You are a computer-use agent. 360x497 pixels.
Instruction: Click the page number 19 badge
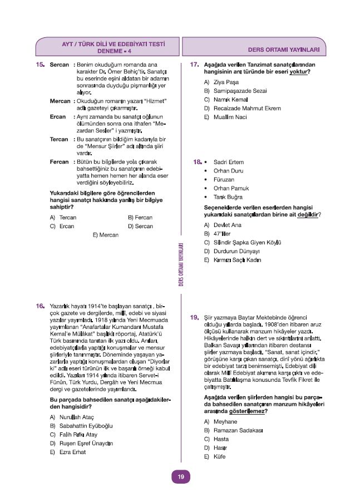click(180, 476)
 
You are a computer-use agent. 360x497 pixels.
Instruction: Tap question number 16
click(40, 306)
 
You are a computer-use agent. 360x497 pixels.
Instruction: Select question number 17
click(194, 65)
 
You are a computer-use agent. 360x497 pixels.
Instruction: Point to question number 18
click(196, 162)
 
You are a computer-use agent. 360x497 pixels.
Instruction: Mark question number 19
click(194, 317)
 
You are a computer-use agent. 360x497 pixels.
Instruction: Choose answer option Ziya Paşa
click(218, 82)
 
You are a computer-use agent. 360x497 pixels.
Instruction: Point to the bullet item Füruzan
click(224, 180)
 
